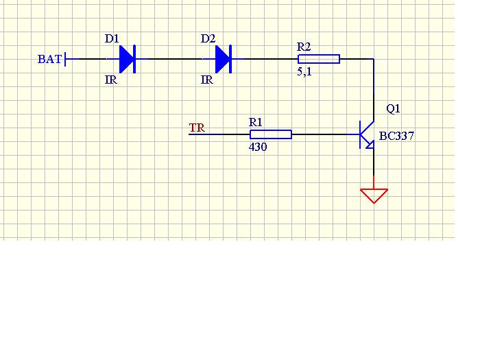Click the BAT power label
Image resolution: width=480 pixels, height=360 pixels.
[49, 59]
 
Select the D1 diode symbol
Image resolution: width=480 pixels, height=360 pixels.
[128, 59]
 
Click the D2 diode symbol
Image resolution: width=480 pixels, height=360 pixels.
[224, 59]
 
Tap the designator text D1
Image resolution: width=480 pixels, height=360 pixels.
[112, 38]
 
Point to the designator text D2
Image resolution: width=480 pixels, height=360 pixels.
[208, 38]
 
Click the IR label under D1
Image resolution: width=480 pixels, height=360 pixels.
[111, 80]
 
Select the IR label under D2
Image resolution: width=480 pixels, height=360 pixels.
[207, 80]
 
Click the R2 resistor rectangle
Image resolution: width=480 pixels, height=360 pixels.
[319, 59]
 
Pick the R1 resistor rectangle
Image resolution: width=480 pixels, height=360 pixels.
[271, 134]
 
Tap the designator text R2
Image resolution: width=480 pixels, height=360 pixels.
[304, 47]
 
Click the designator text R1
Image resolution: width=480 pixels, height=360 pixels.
[256, 122]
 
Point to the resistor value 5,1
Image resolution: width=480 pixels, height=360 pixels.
[304, 71]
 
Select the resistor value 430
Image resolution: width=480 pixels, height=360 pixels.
[258, 147]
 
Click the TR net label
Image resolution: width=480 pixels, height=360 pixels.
[197, 128]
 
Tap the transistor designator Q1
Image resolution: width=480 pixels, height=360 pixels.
[393, 108]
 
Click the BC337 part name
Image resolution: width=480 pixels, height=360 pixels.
[397, 136]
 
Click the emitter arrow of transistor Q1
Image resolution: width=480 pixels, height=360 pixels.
[370, 145]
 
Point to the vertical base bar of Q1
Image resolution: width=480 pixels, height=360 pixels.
[360, 134]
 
